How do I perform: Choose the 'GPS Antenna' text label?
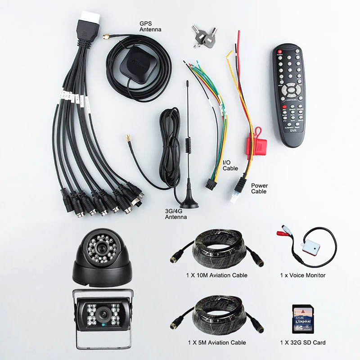click(150, 27)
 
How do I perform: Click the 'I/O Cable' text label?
click(230, 166)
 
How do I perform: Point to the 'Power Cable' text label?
click(259, 188)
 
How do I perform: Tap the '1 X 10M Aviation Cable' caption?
click(217, 275)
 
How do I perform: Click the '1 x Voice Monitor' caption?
click(303, 275)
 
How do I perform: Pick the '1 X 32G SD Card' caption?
click(303, 342)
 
